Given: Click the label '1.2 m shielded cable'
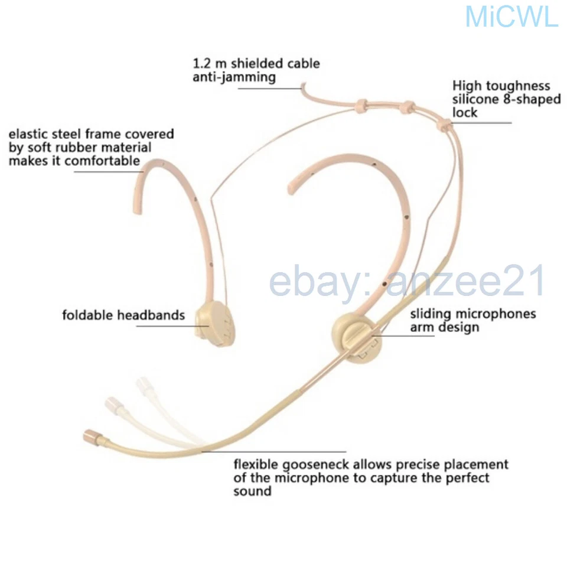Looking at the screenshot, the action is coord(256,63).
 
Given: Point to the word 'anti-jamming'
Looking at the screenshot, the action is coord(234,77).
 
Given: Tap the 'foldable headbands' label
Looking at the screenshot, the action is coord(123,315).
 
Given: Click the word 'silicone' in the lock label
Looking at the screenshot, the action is coord(475,100).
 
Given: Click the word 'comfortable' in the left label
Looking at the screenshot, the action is coord(103,161).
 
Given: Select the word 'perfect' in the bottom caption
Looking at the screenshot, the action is coord(468,477).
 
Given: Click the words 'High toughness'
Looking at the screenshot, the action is coord(501,86).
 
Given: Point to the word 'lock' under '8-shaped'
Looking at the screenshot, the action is coord(465,113).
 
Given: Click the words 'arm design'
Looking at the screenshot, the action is coord(445,327).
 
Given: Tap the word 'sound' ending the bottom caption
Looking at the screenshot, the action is coord(252,491).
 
